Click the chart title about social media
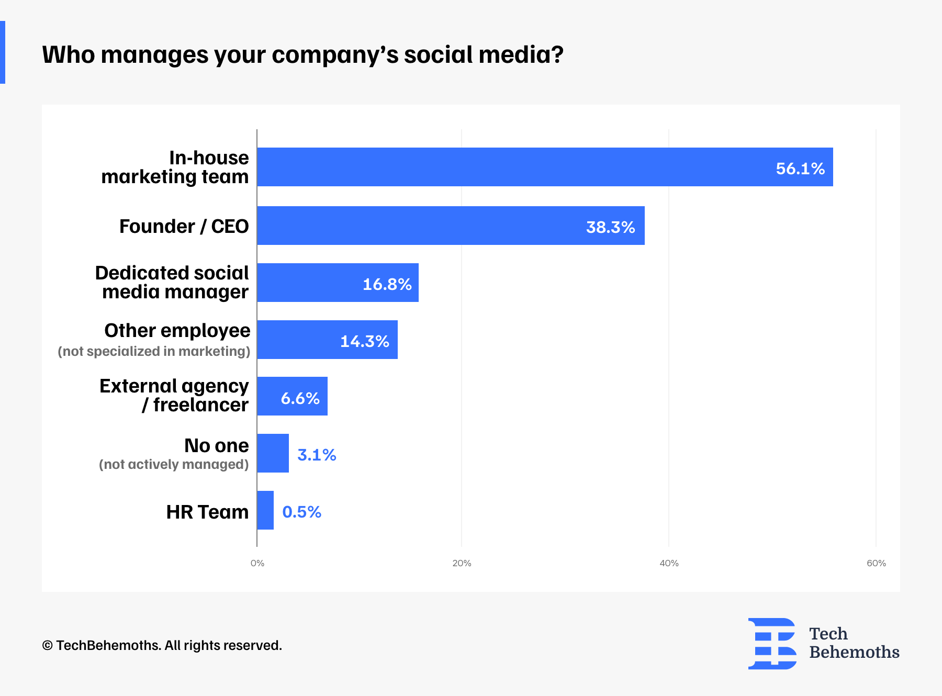click(x=302, y=54)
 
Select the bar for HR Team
click(x=265, y=510)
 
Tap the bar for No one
click(x=273, y=453)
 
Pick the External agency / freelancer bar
click(x=292, y=396)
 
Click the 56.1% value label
click(x=800, y=169)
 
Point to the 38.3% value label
click(x=610, y=227)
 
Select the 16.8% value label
click(x=387, y=284)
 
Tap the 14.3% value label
click(x=365, y=341)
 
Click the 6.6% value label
click(x=300, y=398)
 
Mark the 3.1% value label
click(x=317, y=455)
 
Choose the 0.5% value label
click(x=301, y=512)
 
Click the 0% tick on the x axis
click(x=257, y=563)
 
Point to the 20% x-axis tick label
click(x=462, y=563)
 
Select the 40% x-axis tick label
click(x=669, y=563)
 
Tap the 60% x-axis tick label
click(x=876, y=563)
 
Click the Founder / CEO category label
click(x=184, y=227)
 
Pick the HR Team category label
click(x=207, y=512)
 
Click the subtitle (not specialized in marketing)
click(x=154, y=351)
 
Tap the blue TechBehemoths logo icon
click(x=772, y=644)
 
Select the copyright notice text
click(x=162, y=645)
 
